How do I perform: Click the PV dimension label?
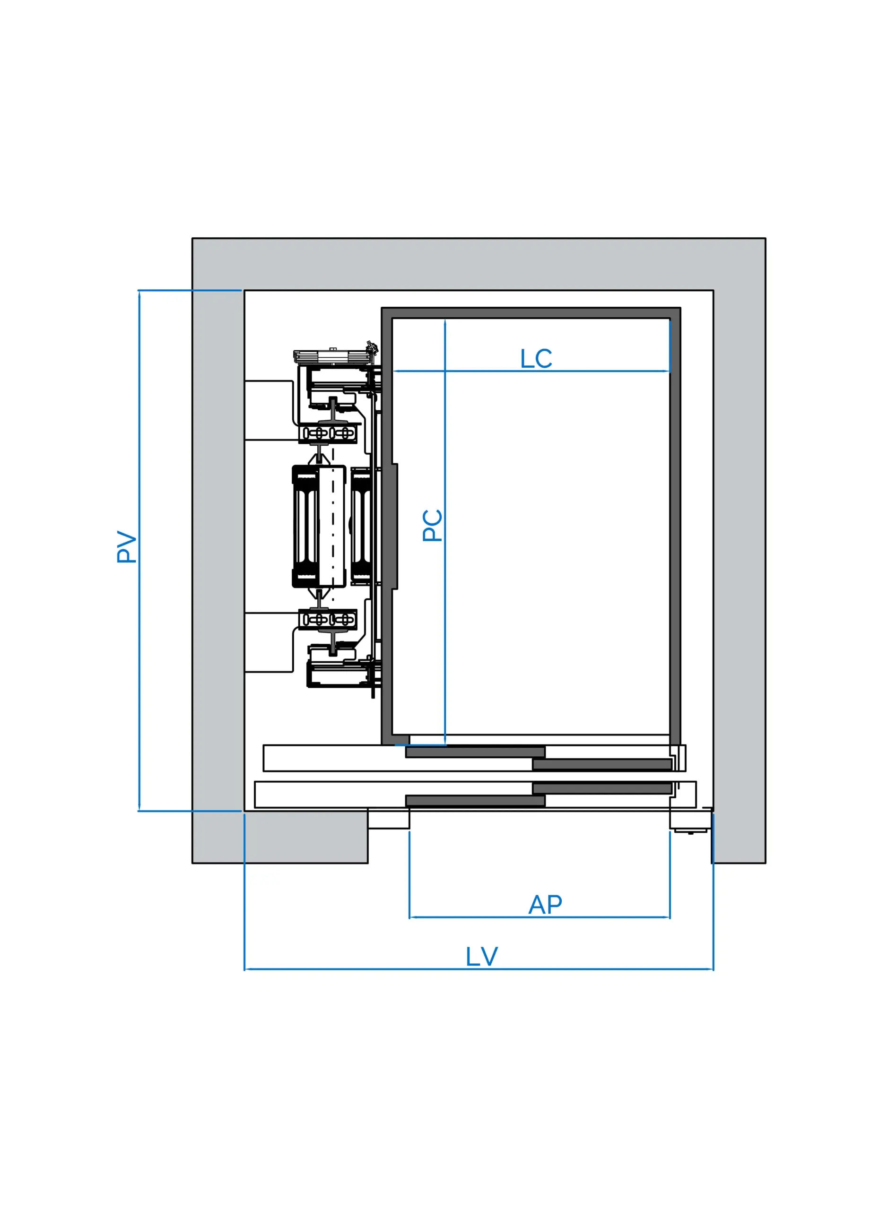127,547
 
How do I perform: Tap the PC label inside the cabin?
432,526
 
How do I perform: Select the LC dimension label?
536,359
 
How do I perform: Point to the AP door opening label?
545,905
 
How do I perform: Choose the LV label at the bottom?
481,957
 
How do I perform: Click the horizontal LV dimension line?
374,969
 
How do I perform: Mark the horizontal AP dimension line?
480,917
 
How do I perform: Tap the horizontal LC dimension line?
480,371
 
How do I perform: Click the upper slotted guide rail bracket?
328,433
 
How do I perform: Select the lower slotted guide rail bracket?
328,619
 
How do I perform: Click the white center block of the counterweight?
332,526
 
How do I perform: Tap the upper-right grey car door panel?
602,764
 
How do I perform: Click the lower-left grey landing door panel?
475,800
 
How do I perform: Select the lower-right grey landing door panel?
602,788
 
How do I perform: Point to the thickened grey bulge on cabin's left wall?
394,526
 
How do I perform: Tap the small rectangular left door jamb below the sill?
389,820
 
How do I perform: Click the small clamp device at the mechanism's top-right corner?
372,348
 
